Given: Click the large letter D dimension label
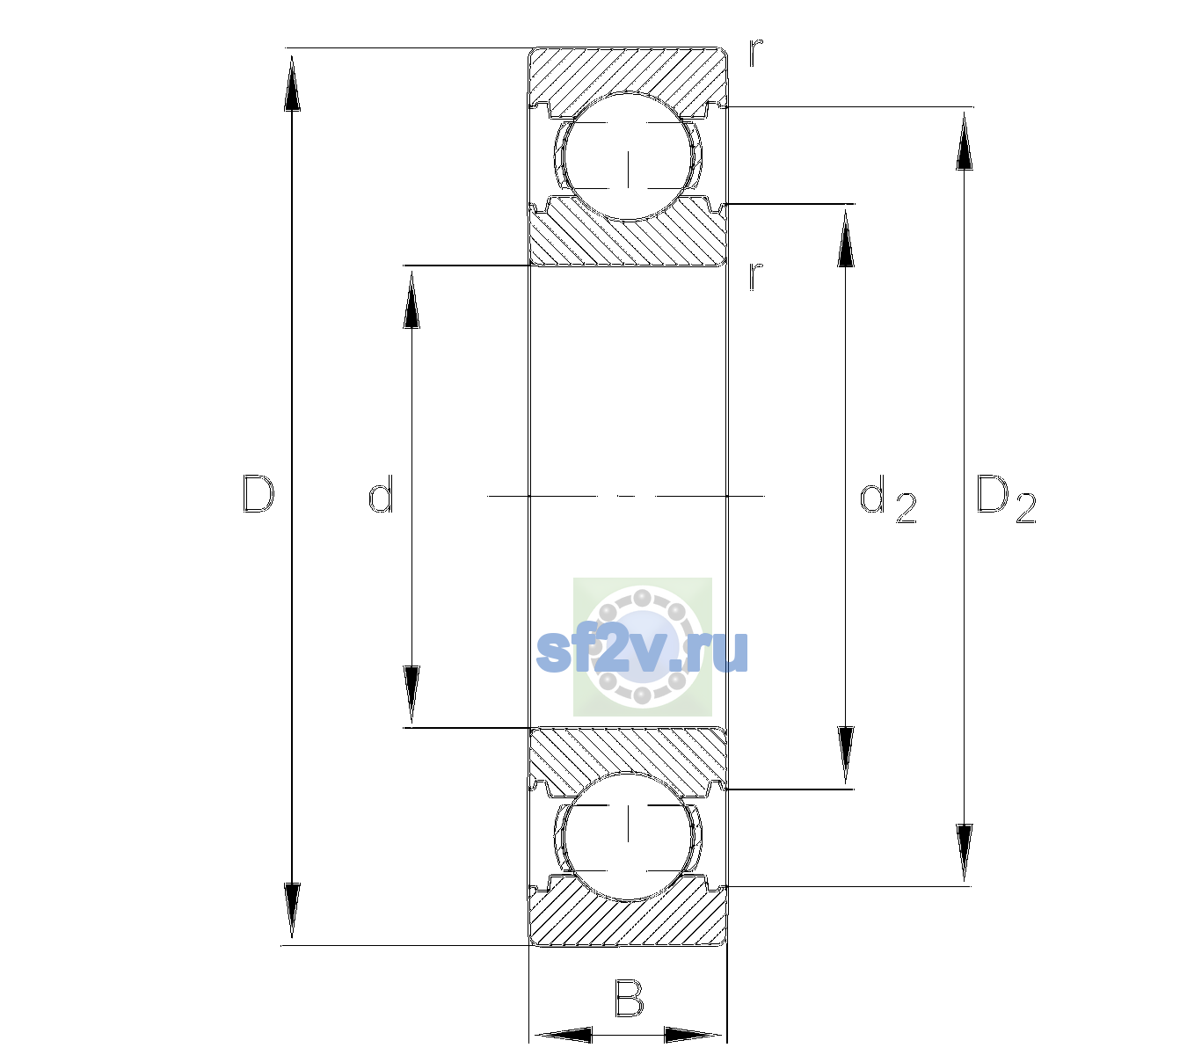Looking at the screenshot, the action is (258, 494).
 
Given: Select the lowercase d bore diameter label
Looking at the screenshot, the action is (381, 494).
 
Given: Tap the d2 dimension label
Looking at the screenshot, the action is (888, 498).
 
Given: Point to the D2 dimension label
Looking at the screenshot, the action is (1006, 498).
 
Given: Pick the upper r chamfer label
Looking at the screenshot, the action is (756, 53).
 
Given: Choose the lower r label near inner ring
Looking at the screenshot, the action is (756, 276).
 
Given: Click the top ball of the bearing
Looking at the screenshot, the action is (628, 156).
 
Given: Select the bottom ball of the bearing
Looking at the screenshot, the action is (628, 836).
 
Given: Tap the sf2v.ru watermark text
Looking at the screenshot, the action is (642, 651).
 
